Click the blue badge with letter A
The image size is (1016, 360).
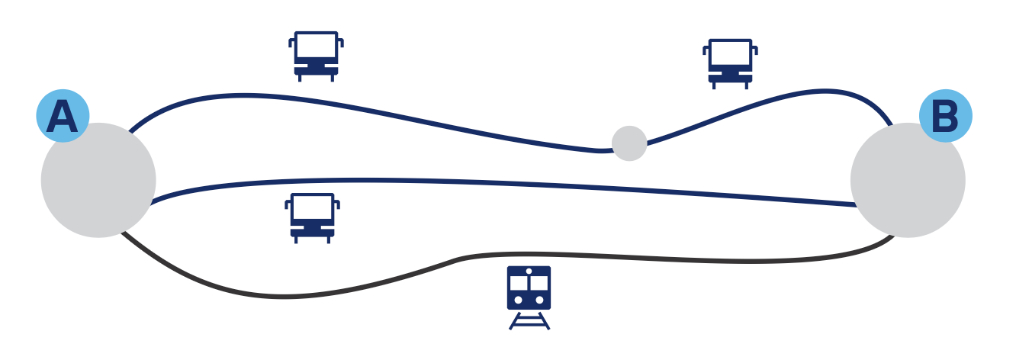pos(63,117)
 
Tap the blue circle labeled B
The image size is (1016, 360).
pos(946,116)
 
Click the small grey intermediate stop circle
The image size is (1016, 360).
pos(629,143)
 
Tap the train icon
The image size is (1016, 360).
pos(529,288)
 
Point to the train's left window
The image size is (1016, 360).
pos(519,282)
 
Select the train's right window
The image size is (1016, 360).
pos(539,282)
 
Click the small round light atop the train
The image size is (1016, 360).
pos(529,271)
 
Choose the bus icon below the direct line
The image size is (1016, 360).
pos(312,218)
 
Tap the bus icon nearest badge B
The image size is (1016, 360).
pos(730,63)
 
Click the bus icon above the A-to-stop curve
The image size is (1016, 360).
pos(316,56)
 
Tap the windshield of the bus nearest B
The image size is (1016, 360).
pos(730,55)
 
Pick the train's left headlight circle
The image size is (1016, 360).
pos(519,300)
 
